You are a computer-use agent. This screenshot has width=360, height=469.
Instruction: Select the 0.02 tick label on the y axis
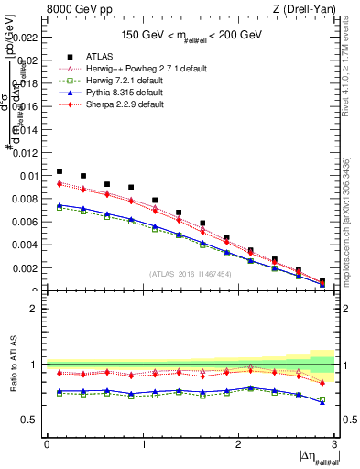tap(29, 60)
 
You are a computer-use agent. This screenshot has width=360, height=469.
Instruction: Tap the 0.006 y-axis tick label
tap(27, 223)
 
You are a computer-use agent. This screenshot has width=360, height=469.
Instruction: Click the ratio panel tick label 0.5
tap(31, 420)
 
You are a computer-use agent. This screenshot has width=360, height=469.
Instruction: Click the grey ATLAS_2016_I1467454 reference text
tap(191, 274)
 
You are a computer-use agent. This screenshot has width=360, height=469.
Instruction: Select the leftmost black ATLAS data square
tap(60, 171)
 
